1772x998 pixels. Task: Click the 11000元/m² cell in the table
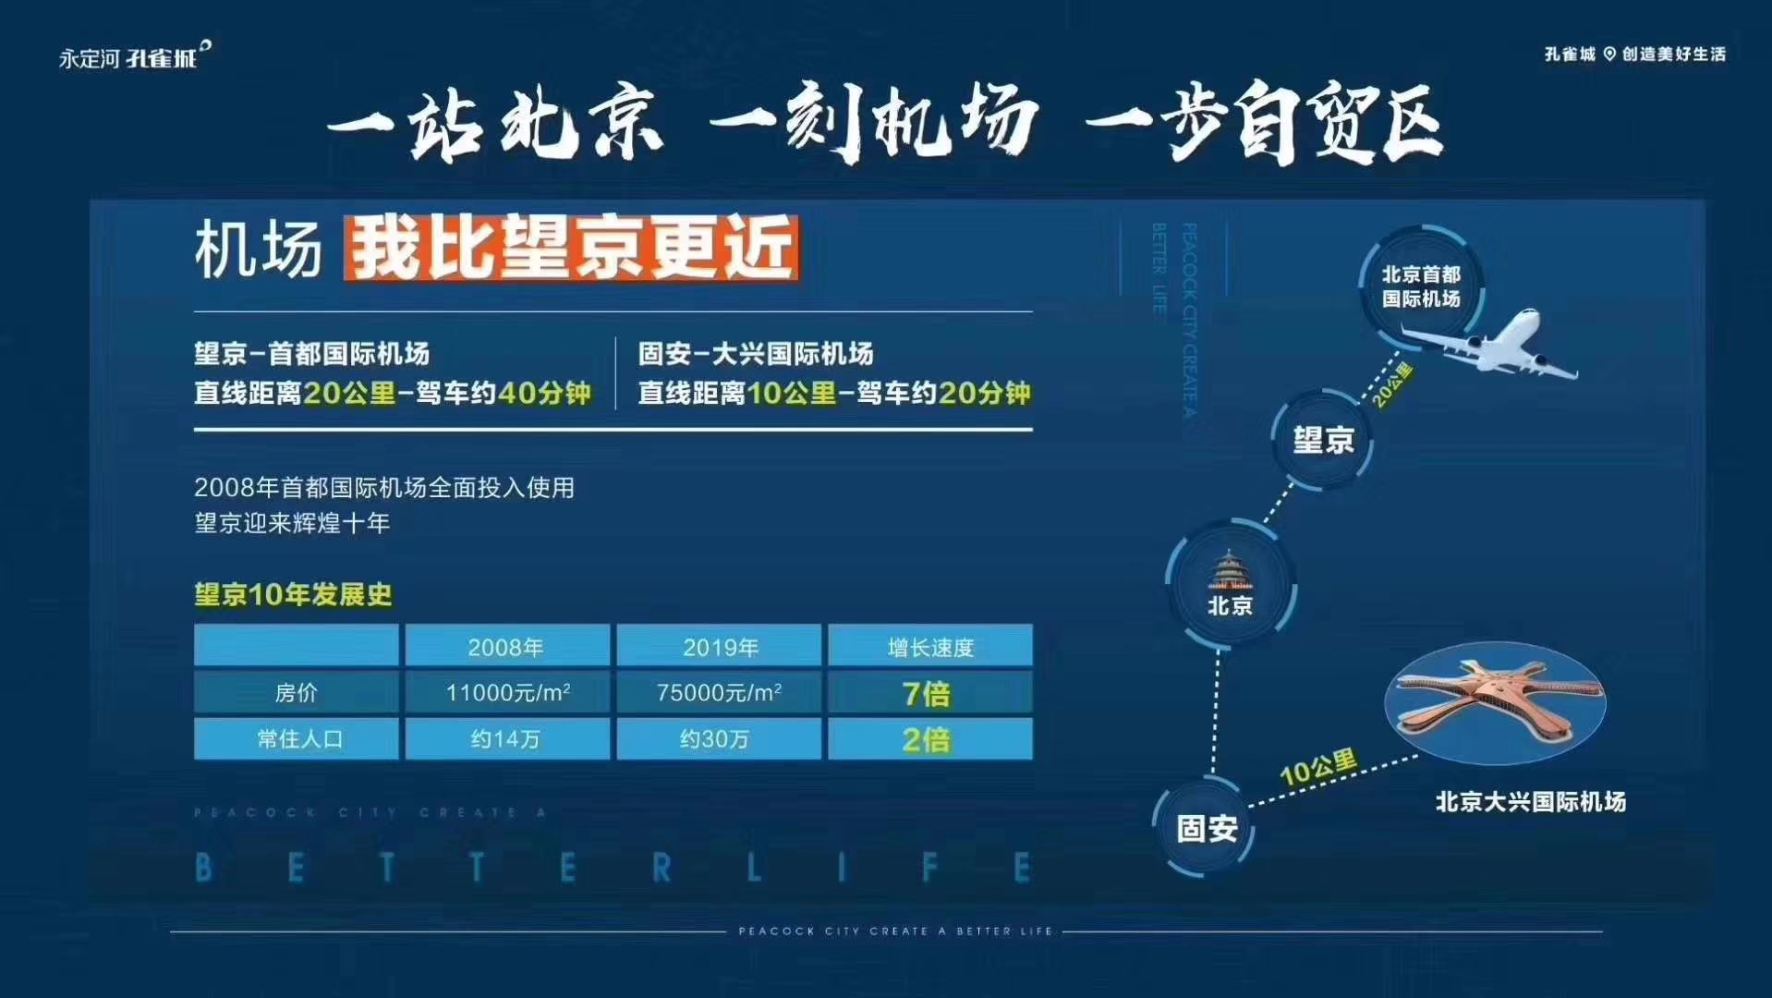pos(507,692)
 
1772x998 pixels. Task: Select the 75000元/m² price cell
pos(719,692)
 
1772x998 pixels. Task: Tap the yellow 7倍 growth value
pos(927,693)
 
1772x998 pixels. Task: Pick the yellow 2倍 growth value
pos(927,739)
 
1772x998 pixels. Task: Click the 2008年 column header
pos(507,646)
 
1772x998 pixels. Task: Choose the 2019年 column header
pos(719,646)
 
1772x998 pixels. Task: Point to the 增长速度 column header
pos(930,646)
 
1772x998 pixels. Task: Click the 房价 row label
pos(297,692)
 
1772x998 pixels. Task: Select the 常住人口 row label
pos(297,738)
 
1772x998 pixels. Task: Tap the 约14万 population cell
pos(507,738)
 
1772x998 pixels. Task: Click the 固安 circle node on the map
pos(1206,828)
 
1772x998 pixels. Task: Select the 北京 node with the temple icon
pos(1231,583)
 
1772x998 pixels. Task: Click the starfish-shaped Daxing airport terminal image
pos(1495,703)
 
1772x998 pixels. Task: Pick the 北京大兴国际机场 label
pos(1530,801)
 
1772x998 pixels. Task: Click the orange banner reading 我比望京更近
pos(571,247)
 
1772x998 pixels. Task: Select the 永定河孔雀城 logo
pos(135,55)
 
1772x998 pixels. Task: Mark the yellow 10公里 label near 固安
pos(1318,768)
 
